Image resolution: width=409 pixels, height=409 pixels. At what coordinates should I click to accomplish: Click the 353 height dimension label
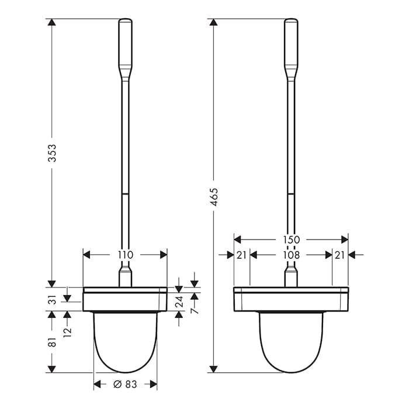tap(52, 153)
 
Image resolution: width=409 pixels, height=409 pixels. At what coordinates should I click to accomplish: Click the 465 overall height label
tap(214, 197)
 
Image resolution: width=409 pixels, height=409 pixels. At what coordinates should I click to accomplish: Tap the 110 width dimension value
tap(125, 255)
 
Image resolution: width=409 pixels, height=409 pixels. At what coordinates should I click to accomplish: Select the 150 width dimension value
tap(291, 240)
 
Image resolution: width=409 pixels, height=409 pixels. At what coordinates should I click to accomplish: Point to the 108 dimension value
tap(291, 255)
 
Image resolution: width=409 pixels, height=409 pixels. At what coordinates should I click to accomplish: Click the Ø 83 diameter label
tap(125, 384)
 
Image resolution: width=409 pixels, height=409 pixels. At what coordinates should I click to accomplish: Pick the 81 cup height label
tap(53, 342)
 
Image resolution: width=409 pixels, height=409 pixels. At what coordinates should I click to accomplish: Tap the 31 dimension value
tap(53, 300)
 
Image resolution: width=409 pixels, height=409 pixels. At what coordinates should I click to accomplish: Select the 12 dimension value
tap(67, 332)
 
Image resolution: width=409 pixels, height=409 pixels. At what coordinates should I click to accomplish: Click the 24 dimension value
tap(179, 301)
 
